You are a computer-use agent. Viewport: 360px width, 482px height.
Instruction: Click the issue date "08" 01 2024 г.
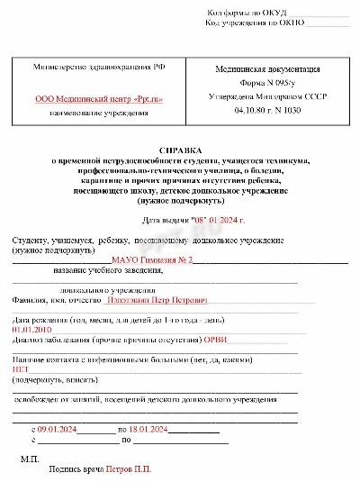click(218, 219)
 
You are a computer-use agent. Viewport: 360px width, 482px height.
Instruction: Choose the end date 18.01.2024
click(150, 429)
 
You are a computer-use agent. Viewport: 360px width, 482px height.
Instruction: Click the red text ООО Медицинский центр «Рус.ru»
click(99, 99)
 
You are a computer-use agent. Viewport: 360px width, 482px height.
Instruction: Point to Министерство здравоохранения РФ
click(99, 68)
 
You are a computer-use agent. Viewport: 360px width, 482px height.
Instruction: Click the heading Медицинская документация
click(261, 68)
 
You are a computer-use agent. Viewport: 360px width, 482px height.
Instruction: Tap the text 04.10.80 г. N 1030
click(261, 110)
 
